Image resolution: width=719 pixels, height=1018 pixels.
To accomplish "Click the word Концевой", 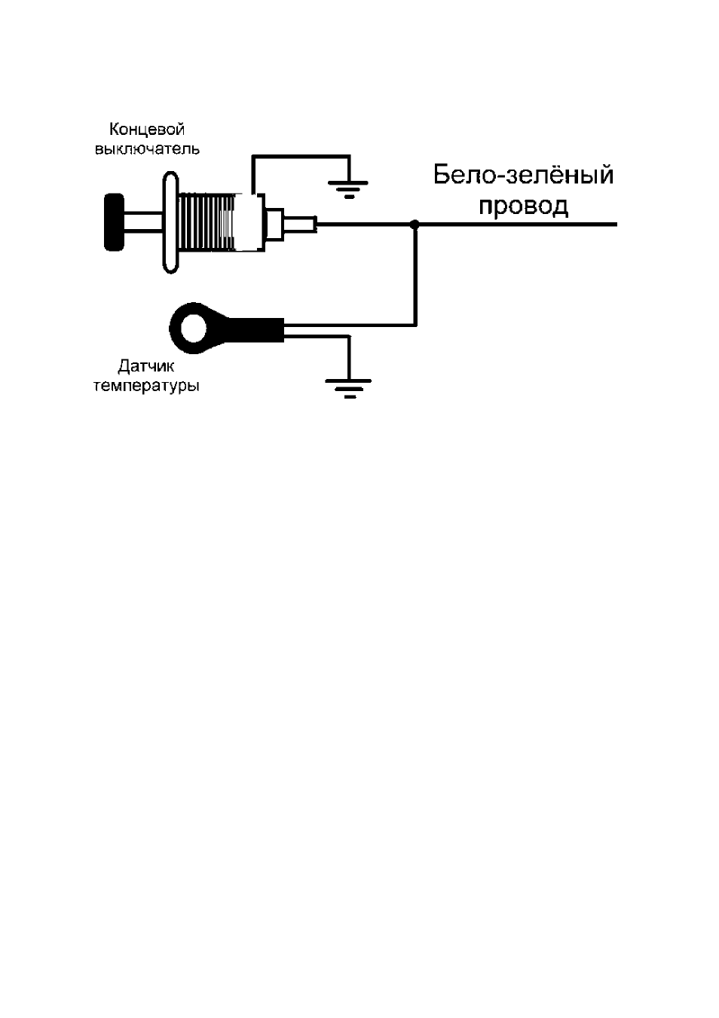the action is pyautogui.click(x=147, y=130).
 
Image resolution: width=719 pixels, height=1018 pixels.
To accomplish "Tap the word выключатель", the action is pyautogui.click(x=147, y=149).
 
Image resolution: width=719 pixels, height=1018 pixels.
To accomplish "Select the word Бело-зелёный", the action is pyautogui.click(x=523, y=175).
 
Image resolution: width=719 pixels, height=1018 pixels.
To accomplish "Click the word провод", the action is pyautogui.click(x=524, y=206).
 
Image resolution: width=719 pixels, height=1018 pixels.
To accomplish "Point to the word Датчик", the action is pyautogui.click(x=146, y=366).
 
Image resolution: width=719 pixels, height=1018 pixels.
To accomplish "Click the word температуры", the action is pyautogui.click(x=146, y=387).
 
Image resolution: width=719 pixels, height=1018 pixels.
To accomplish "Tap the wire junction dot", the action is pyautogui.click(x=415, y=224).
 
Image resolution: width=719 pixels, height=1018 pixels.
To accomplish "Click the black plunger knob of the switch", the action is pyautogui.click(x=114, y=222).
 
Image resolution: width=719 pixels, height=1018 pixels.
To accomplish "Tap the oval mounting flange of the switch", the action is pyautogui.click(x=170, y=222).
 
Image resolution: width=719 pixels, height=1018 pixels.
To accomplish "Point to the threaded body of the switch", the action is pyautogui.click(x=207, y=222).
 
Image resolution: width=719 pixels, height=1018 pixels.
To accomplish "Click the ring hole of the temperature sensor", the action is pyautogui.click(x=194, y=328).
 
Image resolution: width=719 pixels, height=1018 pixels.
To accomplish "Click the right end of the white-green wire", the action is pyautogui.click(x=617, y=224).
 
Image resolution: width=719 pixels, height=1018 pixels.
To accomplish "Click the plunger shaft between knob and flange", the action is pyautogui.click(x=143, y=222).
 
